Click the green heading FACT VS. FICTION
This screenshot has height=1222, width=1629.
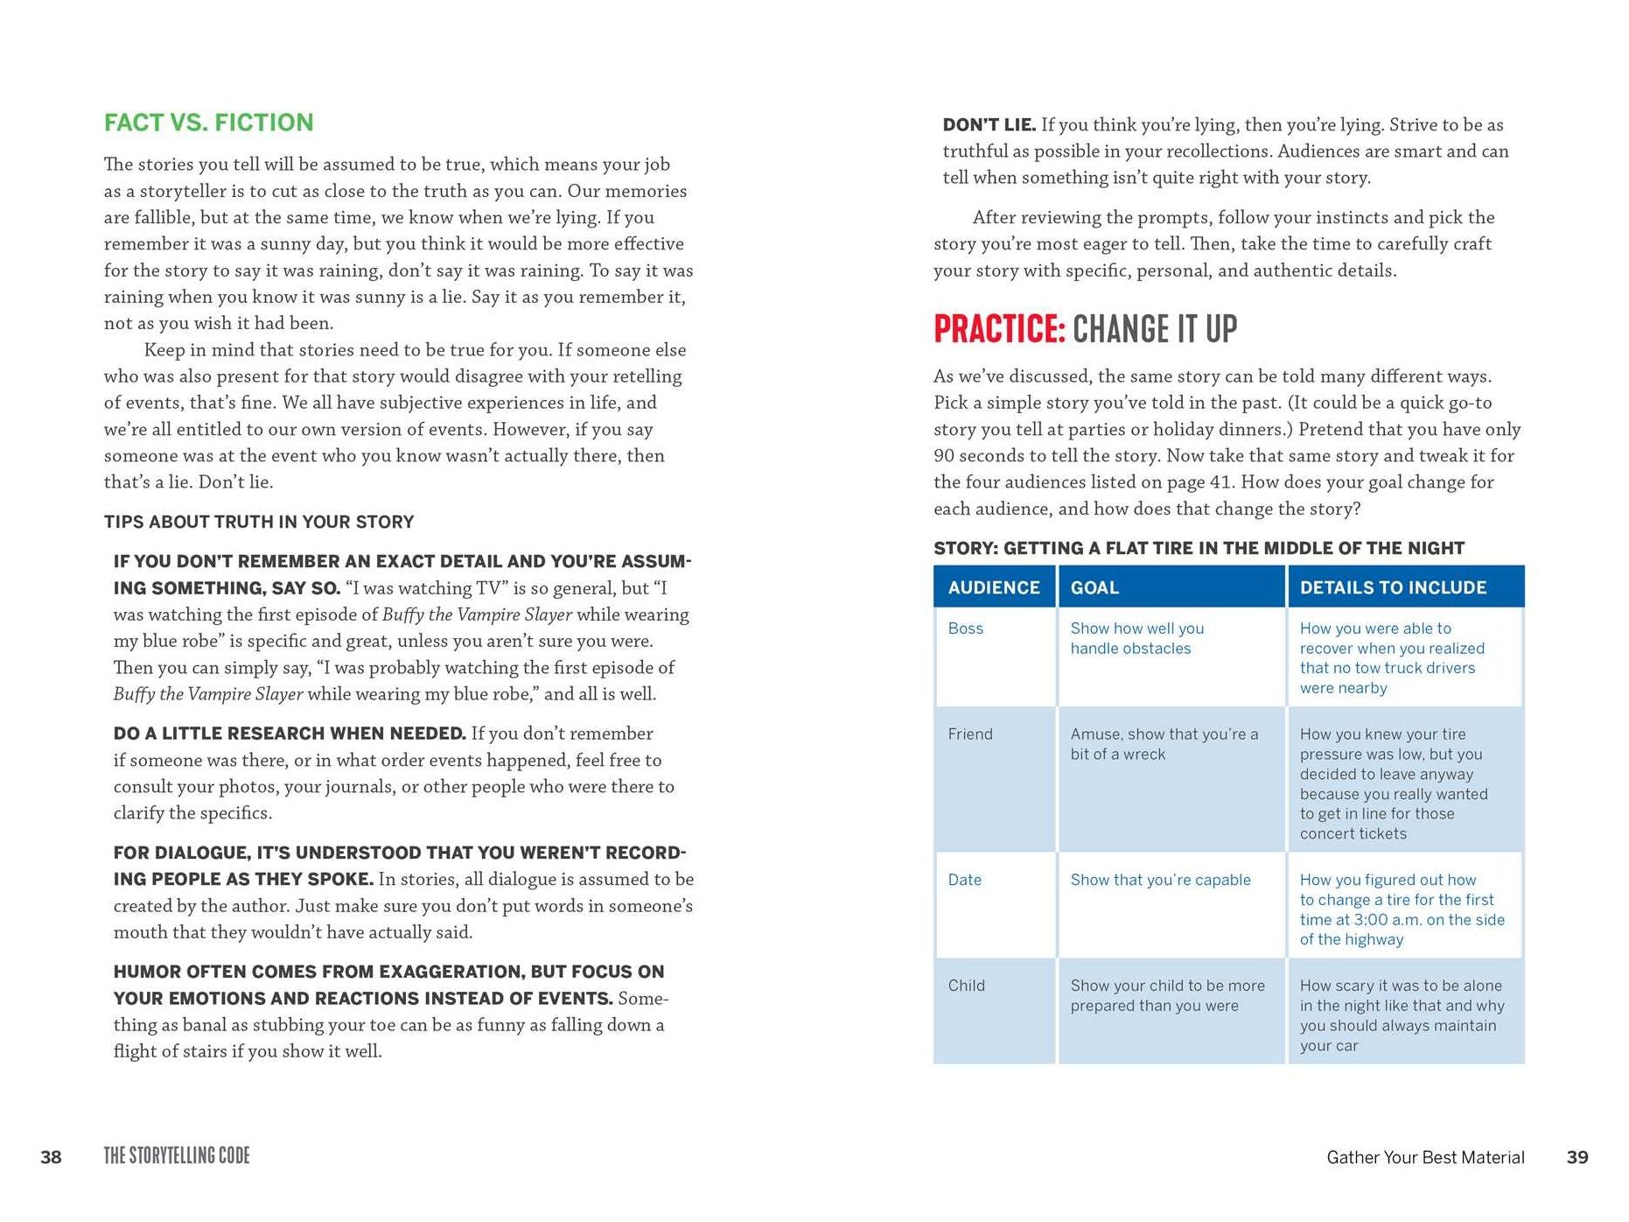pyautogui.click(x=208, y=123)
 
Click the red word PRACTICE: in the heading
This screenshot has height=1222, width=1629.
pyautogui.click(x=999, y=330)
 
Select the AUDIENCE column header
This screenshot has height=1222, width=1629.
pyautogui.click(x=994, y=587)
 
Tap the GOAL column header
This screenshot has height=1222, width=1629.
pyautogui.click(x=1094, y=587)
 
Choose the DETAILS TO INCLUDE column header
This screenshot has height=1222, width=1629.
pyautogui.click(x=1393, y=587)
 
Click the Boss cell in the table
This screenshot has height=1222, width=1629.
pyautogui.click(x=966, y=629)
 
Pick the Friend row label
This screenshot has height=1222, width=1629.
pyautogui.click(x=970, y=734)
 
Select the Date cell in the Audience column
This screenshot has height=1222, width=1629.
pyautogui.click(x=965, y=880)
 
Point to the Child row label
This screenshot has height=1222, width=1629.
pyautogui.click(x=967, y=986)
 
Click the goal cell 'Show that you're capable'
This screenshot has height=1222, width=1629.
pyautogui.click(x=1160, y=880)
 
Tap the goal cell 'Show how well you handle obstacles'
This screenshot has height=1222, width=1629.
pyautogui.click(x=1137, y=638)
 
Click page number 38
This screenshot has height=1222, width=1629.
pyautogui.click(x=52, y=1157)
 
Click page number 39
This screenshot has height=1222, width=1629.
pyautogui.click(x=1577, y=1157)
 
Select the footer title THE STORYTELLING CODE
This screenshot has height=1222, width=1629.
pyautogui.click(x=177, y=1156)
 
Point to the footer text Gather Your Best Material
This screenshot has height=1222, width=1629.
pyautogui.click(x=1425, y=1157)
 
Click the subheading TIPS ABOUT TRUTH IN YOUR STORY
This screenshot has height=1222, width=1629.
pyautogui.click(x=259, y=522)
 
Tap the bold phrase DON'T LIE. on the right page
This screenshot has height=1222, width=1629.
pyautogui.click(x=989, y=125)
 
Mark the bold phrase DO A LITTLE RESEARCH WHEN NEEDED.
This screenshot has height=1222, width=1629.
pyautogui.click(x=290, y=734)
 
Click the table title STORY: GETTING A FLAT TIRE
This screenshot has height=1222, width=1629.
pyautogui.click(x=1199, y=548)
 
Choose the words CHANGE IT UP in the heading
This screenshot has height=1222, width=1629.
pyautogui.click(x=1155, y=330)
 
